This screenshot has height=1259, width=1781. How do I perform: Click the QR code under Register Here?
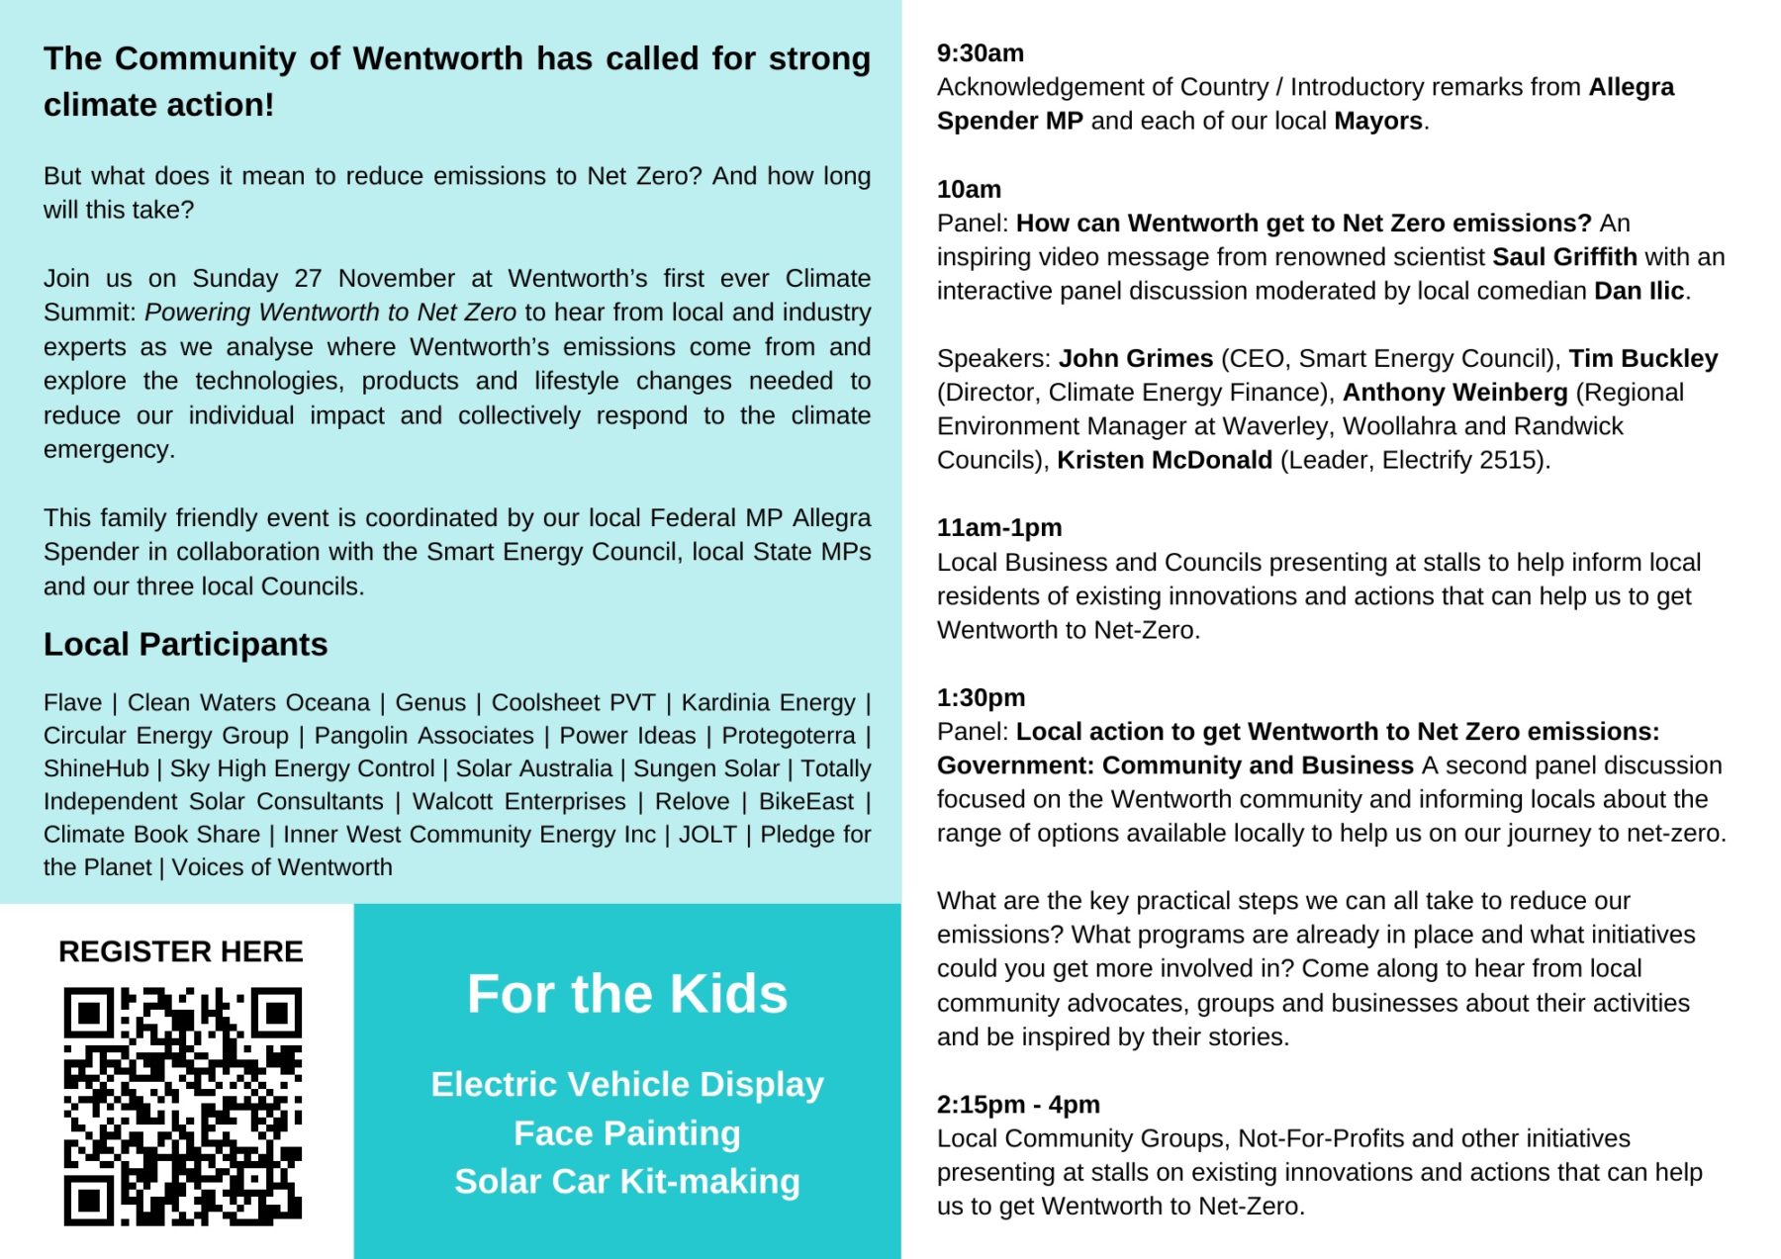pyautogui.click(x=183, y=1106)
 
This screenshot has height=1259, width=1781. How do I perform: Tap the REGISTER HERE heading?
pyautogui.click(x=181, y=951)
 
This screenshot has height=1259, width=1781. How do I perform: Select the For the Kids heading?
pyautogui.click(x=627, y=994)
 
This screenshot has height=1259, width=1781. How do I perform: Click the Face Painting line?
pyautogui.click(x=627, y=1133)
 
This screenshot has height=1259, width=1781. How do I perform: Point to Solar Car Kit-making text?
pyautogui.click(x=627, y=1182)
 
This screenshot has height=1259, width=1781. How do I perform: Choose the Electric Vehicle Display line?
pyautogui.click(x=627, y=1085)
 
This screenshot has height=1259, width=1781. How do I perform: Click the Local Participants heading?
pyautogui.click(x=185, y=645)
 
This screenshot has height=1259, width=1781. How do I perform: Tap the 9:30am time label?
pyautogui.click(x=981, y=53)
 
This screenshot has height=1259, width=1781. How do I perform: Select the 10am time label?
pyautogui.click(x=969, y=189)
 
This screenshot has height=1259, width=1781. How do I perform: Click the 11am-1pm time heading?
pyautogui.click(x=999, y=528)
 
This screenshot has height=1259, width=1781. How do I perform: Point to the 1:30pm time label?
pyautogui.click(x=981, y=698)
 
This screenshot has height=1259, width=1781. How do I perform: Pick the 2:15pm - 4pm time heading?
pyautogui.click(x=1018, y=1105)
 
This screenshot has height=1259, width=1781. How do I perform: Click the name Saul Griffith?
pyautogui.click(x=1564, y=257)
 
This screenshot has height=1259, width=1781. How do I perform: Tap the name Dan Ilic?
pyautogui.click(x=1639, y=291)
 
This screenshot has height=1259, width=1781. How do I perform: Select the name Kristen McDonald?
pyautogui.click(x=1165, y=461)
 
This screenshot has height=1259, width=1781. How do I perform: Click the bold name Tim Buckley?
pyautogui.click(x=1643, y=359)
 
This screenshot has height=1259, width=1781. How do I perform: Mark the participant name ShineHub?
pyautogui.click(x=96, y=768)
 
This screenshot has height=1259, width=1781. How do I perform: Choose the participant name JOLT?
pyautogui.click(x=707, y=835)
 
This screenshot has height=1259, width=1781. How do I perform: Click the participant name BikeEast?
pyautogui.click(x=806, y=802)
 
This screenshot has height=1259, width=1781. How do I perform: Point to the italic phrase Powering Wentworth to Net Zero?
pyautogui.click(x=330, y=313)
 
